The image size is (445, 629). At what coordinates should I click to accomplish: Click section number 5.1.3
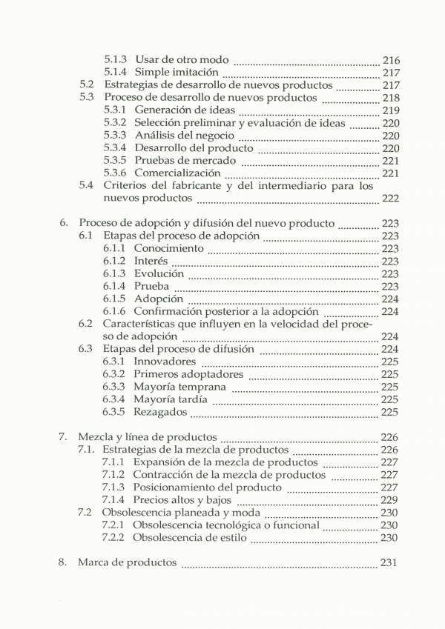[115, 59]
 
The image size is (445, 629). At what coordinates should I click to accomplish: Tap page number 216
[390, 59]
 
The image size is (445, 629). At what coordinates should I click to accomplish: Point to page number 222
[390, 199]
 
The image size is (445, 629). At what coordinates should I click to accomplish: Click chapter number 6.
[64, 222]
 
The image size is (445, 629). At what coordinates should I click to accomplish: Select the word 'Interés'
[151, 261]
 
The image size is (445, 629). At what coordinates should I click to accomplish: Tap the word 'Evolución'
[158, 273]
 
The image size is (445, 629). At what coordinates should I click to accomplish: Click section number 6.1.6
[114, 311]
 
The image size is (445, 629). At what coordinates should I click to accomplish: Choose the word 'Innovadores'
[165, 362]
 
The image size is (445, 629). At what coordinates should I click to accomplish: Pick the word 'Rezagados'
[161, 412]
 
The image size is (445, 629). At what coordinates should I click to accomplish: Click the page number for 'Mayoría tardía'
[390, 399]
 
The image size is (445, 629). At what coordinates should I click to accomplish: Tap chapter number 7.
[64, 436]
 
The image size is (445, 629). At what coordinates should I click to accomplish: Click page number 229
[389, 500]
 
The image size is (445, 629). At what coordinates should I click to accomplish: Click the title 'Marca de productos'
[127, 562]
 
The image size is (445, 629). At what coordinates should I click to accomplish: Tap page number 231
[389, 562]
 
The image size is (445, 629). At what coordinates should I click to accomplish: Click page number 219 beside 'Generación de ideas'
[390, 110]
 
